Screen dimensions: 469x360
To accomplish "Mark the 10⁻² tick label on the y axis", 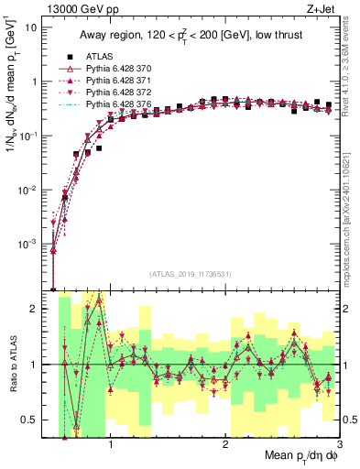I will click(31, 190).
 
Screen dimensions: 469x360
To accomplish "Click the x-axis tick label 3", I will click(340, 444).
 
